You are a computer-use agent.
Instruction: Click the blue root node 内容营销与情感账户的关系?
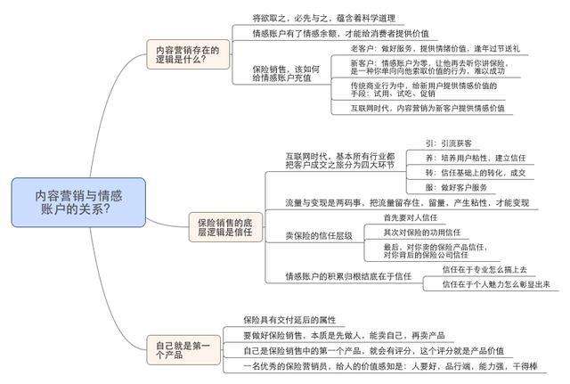click(78, 202)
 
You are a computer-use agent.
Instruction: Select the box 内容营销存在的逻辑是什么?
click(188, 54)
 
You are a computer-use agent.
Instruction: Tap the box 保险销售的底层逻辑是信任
click(225, 227)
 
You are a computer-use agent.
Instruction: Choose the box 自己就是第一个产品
click(183, 350)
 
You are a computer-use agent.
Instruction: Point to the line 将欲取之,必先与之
click(323, 18)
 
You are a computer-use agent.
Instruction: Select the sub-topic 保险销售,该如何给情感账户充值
click(286, 73)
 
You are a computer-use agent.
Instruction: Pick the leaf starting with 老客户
click(435, 48)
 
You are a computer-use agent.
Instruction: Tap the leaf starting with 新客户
click(429, 67)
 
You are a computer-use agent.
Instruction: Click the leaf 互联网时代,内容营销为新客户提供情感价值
click(427, 108)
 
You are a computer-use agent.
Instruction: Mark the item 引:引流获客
click(449, 143)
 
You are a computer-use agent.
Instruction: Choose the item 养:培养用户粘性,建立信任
click(476, 158)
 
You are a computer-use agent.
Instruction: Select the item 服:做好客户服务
click(456, 188)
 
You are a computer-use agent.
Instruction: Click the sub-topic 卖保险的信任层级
click(319, 235)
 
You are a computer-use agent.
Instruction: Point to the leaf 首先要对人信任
click(411, 217)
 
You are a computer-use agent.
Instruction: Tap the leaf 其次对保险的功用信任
click(421, 233)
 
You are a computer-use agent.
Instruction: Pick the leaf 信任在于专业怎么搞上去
click(484, 269)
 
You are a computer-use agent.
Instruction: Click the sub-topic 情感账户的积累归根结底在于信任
click(348, 276)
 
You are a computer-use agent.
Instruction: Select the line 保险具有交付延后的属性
click(289, 320)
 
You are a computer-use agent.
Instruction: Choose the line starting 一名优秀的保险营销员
click(390, 366)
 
